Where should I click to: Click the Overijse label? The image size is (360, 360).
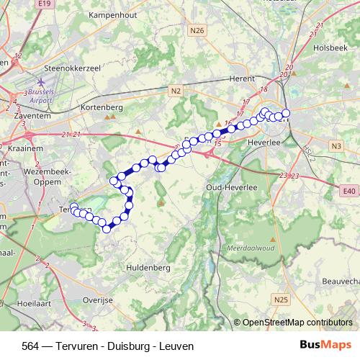point(99,297)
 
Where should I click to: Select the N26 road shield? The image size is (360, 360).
point(198,30)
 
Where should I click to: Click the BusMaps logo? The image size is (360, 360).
point(326,346)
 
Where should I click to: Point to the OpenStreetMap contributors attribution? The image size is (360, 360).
point(297,323)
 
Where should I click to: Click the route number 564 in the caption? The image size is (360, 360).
point(31,346)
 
